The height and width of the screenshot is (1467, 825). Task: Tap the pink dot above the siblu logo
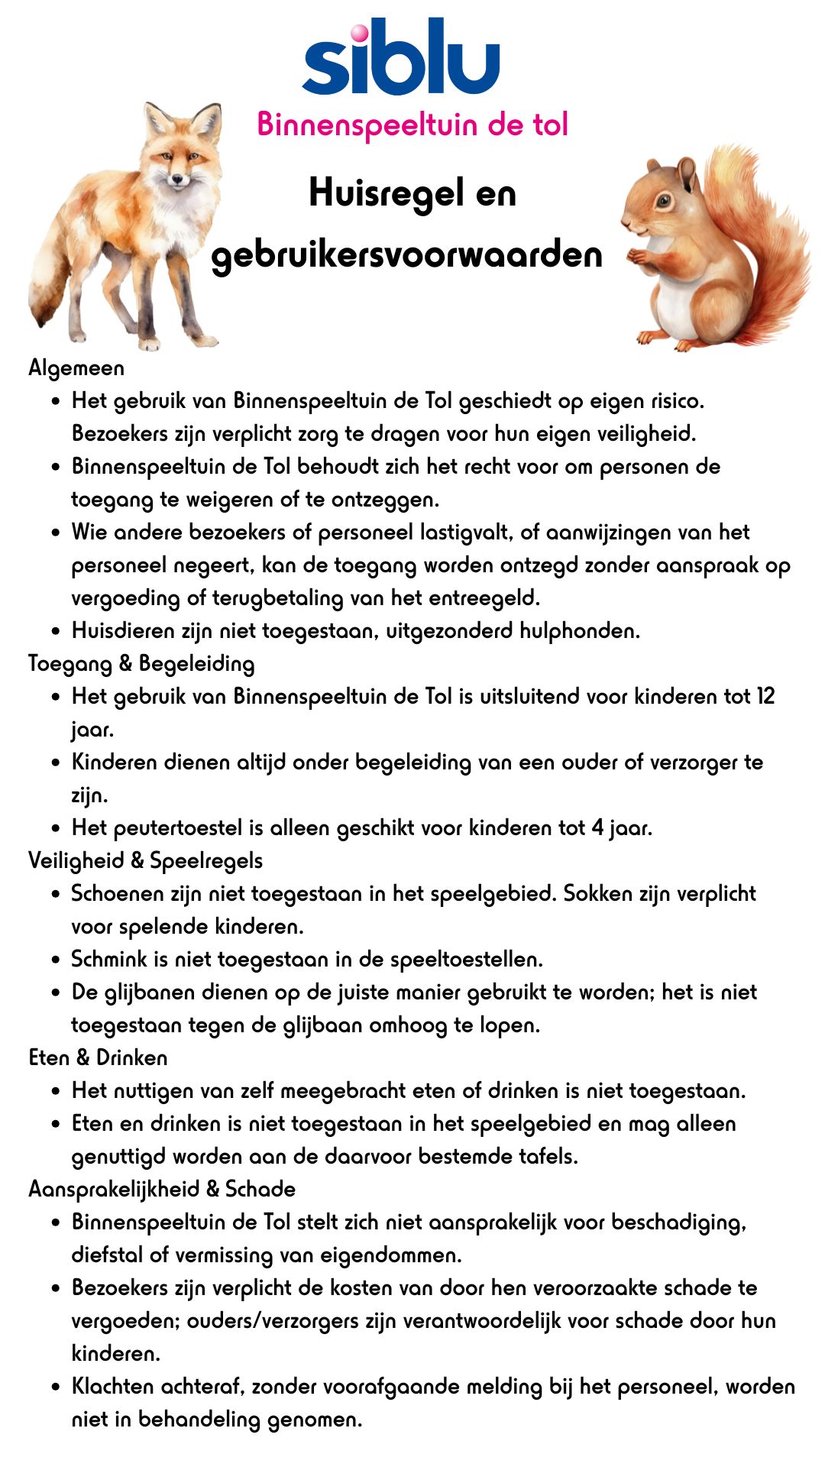pos(358,33)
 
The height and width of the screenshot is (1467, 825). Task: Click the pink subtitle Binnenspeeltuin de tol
pos(412,124)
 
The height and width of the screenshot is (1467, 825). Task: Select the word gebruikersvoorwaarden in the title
pos(406,254)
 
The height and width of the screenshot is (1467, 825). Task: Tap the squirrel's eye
pos(664,201)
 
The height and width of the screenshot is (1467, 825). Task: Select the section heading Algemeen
pos(76,368)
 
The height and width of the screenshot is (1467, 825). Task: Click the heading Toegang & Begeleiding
pos(141,663)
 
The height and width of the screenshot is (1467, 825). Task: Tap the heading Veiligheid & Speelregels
pos(145,860)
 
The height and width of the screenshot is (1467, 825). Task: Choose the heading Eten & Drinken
pos(98,1057)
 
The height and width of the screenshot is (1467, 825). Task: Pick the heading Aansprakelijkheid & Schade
pos(162,1189)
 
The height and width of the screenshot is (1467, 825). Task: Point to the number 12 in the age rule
pos(765,696)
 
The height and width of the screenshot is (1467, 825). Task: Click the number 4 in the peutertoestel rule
pos(597,827)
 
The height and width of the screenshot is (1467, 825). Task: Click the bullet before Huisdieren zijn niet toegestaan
pos(56,631)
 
